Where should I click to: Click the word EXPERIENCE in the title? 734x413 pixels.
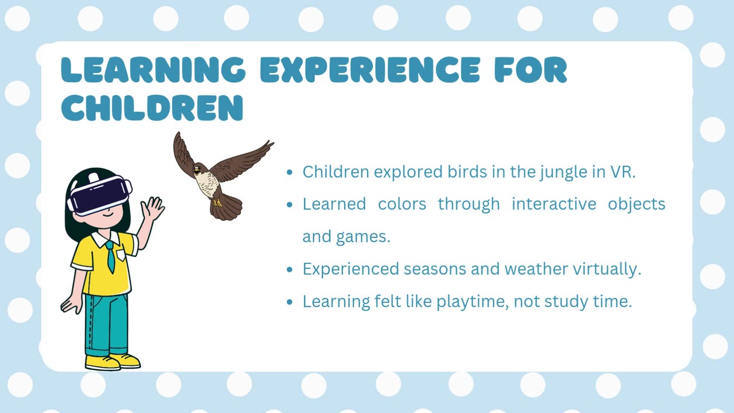point(370,69)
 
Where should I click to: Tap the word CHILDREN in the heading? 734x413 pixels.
point(152,108)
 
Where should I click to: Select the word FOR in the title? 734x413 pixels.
point(531,69)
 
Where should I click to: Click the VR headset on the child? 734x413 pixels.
point(100,195)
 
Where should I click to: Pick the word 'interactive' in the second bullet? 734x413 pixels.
point(554,204)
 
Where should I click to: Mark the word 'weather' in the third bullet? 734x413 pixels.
point(536,269)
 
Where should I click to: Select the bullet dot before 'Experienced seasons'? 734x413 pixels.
point(290,270)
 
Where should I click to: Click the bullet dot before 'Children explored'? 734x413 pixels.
point(290,173)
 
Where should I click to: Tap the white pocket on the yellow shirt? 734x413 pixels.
point(121,255)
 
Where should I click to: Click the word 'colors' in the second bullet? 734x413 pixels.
point(402,204)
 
